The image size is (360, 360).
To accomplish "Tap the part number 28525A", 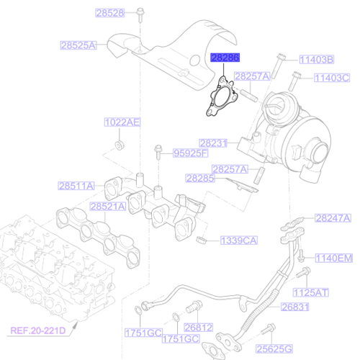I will (78, 45).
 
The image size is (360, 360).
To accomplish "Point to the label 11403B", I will (316, 60).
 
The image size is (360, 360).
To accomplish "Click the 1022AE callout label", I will (122, 122).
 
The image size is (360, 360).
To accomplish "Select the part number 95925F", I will (190, 153).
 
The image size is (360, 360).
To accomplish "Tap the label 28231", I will (214, 143).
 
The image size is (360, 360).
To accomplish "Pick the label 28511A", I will (76, 186).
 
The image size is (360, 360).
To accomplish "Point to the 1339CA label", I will (237, 240).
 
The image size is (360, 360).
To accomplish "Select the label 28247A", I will (333, 217).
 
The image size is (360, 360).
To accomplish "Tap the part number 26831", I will (294, 307).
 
